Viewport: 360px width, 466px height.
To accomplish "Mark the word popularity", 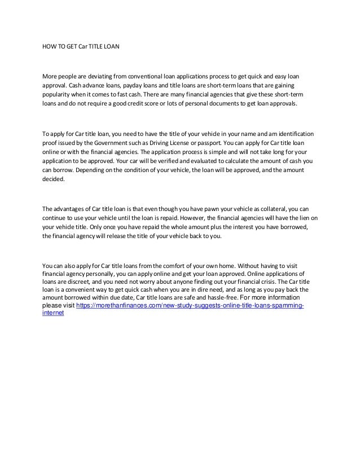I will pyautogui.click(x=60, y=95).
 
